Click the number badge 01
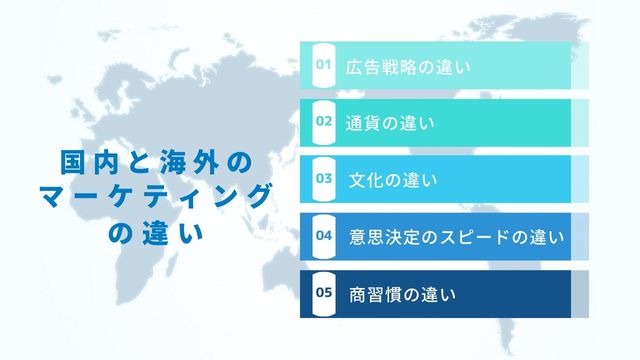[x=323, y=65]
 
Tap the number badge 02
[x=323, y=122]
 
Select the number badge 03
[x=323, y=179]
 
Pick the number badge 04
[x=323, y=236]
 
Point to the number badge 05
[x=323, y=293]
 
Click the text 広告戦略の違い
[x=407, y=67]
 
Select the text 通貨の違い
[x=389, y=124]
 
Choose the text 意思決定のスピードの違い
[x=456, y=238]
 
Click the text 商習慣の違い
[x=402, y=295]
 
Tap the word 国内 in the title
[x=86, y=161]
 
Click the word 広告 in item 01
[x=362, y=67]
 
